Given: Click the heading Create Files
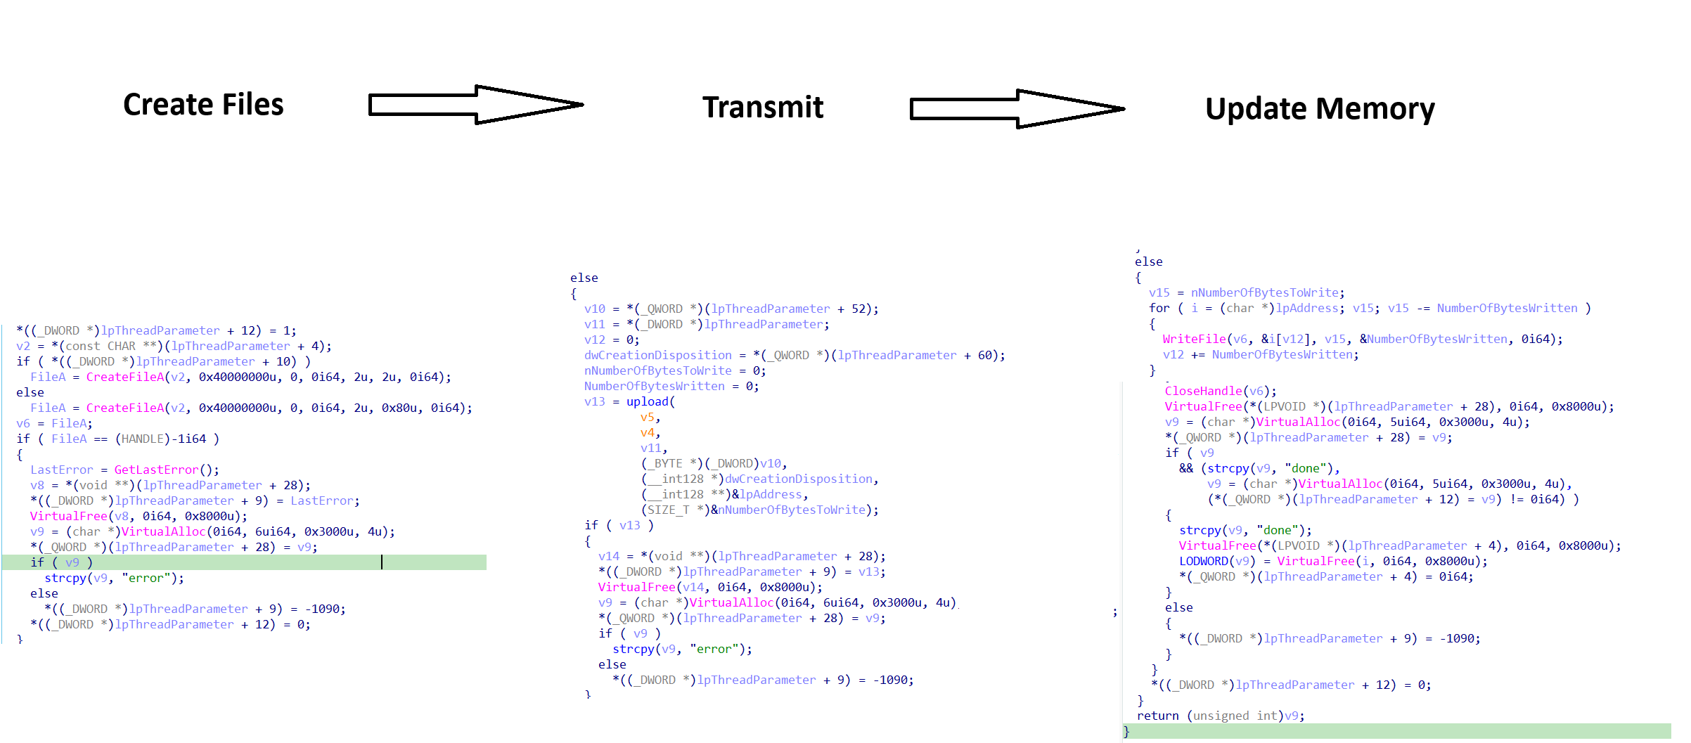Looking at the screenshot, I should coord(203,105).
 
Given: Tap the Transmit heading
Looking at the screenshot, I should coord(763,108).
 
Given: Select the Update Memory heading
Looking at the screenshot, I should coord(1320,109).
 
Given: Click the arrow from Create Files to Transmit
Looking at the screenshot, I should coord(476,105).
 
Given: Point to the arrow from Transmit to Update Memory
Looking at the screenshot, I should coord(1017,109).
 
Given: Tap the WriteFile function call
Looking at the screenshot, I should coord(1194,339).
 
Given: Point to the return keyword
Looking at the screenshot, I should coord(1157,716).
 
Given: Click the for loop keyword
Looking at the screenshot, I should coord(1159,308).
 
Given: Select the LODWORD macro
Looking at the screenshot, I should coord(1207,561).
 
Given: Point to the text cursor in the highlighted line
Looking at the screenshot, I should coord(382,562).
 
